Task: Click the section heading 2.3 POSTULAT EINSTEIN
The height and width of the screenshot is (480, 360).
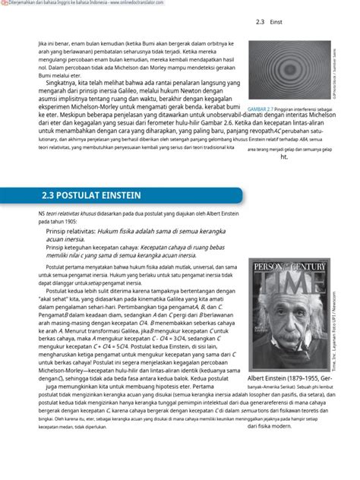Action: pos(91,195)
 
